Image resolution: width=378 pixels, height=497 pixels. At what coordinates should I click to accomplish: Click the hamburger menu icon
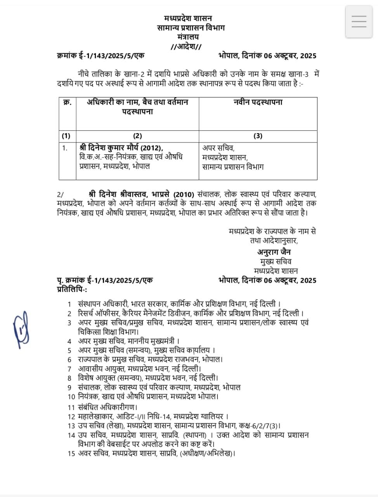tap(359, 22)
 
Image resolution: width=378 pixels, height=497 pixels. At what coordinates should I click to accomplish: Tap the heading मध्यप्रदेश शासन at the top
tap(188, 18)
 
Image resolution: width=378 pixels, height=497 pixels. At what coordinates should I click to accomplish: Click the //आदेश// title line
tap(186, 47)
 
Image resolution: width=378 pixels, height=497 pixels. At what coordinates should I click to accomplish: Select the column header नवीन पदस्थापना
tap(258, 102)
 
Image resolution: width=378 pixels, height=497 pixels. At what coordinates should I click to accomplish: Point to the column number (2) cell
tap(137, 136)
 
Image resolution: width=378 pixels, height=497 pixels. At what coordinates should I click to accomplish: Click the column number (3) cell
tap(258, 136)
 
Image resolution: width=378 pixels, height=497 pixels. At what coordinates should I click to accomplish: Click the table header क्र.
tap(67, 102)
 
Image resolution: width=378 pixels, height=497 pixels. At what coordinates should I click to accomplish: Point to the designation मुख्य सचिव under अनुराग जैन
tap(276, 261)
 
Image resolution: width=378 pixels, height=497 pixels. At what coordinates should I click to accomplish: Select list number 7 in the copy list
tap(69, 369)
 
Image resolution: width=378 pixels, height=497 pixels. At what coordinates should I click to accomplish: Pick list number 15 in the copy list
tap(71, 453)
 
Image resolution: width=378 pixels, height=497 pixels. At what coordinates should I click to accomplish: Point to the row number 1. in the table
tap(65, 148)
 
